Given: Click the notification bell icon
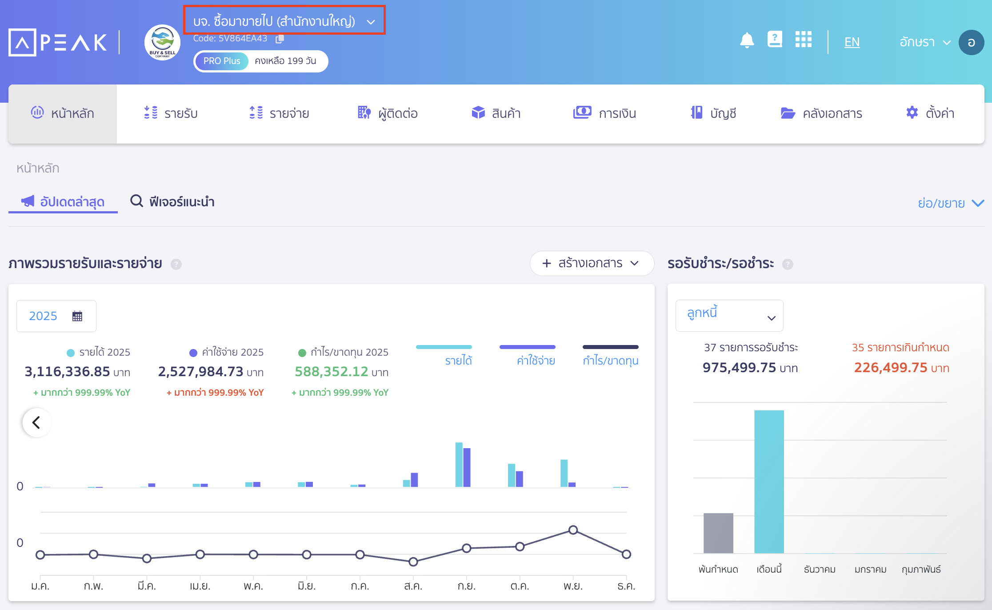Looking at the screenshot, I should tap(747, 40).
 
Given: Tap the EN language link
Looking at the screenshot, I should tap(852, 42).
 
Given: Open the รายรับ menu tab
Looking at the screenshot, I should tap(171, 113).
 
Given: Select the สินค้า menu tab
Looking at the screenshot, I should tap(496, 113).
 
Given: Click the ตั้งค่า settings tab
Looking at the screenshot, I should tap(930, 113).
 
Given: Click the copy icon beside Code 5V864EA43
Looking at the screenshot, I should tap(280, 39).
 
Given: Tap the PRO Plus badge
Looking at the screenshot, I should tap(221, 61).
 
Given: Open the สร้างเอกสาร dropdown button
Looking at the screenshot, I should tap(591, 263).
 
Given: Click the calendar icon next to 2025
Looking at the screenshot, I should tap(77, 316).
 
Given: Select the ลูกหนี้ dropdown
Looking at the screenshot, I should tap(729, 315).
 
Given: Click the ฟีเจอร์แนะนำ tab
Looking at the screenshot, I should tap(172, 202).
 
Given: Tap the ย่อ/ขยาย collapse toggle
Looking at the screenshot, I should tap(950, 203).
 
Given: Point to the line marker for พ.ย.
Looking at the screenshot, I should tap(573, 530).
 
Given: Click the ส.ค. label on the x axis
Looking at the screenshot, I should tap(413, 586).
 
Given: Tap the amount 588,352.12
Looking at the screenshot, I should tap(332, 371).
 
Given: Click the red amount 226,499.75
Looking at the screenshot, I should tap(891, 368).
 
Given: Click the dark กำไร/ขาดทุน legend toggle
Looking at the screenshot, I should tap(610, 355).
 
